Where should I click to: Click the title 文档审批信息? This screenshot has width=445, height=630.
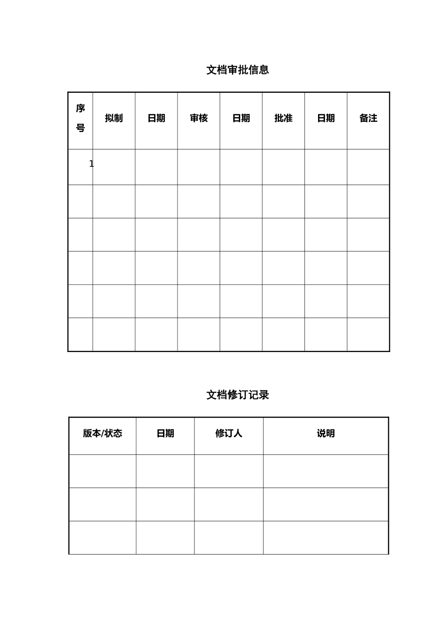click(x=237, y=70)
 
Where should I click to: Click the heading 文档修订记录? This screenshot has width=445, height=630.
click(x=237, y=395)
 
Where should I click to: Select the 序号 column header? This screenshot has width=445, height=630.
click(x=81, y=118)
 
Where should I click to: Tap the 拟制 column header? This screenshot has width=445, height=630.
click(x=114, y=118)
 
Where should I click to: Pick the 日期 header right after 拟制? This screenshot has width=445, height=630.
click(x=156, y=118)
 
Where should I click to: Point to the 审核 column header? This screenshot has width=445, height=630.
click(x=199, y=118)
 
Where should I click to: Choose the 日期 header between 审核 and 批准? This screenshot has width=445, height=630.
click(x=241, y=118)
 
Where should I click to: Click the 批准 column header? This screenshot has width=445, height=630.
click(x=283, y=118)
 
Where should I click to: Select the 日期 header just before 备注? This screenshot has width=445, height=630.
click(x=326, y=118)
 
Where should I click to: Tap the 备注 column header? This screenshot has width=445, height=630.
click(x=368, y=118)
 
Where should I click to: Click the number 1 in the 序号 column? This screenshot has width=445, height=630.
click(x=91, y=164)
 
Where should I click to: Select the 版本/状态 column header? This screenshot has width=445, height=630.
click(x=103, y=434)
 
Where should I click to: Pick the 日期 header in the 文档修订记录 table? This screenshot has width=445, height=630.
click(x=165, y=434)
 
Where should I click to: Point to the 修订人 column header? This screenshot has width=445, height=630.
click(x=229, y=434)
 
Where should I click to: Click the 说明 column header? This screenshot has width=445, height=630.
click(x=326, y=434)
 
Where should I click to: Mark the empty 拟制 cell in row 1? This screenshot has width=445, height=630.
click(x=114, y=167)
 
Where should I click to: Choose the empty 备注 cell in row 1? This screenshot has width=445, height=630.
click(x=368, y=167)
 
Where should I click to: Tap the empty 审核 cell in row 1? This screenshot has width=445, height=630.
click(x=199, y=167)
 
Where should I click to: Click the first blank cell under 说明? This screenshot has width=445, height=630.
click(x=326, y=471)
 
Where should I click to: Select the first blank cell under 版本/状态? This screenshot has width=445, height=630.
click(x=103, y=471)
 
